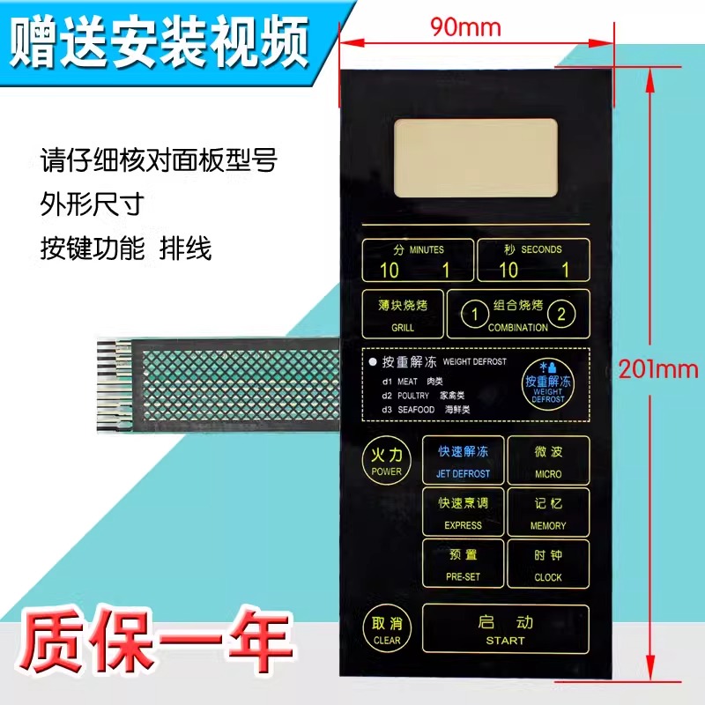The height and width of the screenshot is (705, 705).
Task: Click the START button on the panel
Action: coord(505,630)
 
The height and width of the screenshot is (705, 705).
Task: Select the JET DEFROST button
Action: coord(463,461)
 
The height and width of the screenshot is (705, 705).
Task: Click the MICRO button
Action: coord(547,461)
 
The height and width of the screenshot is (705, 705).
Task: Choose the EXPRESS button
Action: coord(463,512)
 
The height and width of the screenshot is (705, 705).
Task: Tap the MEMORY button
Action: coord(547,512)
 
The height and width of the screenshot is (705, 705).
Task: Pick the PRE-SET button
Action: coord(463,564)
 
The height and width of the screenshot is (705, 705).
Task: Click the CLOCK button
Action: coord(547,564)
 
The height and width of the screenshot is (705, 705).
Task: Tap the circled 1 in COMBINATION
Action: coord(474,312)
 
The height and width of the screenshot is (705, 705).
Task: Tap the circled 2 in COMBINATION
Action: coord(565,312)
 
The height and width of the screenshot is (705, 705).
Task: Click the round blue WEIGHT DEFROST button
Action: coord(547,382)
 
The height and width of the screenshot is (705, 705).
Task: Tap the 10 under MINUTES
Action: coord(389,271)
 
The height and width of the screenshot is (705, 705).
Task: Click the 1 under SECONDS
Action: coord(565,271)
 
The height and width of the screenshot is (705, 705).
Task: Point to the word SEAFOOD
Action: coord(414,410)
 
